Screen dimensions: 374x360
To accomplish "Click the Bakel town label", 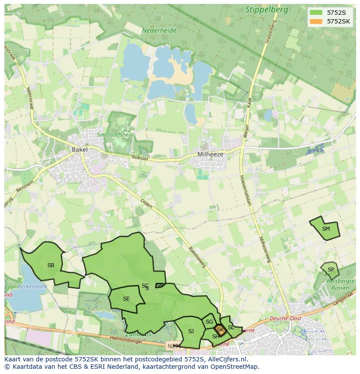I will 80,149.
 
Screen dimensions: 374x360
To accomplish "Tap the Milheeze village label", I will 210,154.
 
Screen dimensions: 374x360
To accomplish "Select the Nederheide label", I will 159,31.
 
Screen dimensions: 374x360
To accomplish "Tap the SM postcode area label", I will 326,229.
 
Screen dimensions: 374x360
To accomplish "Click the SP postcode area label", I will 331,270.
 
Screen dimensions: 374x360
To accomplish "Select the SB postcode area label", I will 51,265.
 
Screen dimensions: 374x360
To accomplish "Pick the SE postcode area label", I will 126,299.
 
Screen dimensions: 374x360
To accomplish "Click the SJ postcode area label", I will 191,331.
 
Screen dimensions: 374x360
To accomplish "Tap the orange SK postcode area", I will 220,330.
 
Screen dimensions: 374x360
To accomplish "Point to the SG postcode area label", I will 209,322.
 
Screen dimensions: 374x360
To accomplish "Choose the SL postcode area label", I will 230,328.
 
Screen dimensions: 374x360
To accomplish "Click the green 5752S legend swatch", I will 316,12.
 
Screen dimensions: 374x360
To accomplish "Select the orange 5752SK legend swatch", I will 316,21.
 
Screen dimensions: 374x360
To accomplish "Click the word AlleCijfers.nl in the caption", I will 228,359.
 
